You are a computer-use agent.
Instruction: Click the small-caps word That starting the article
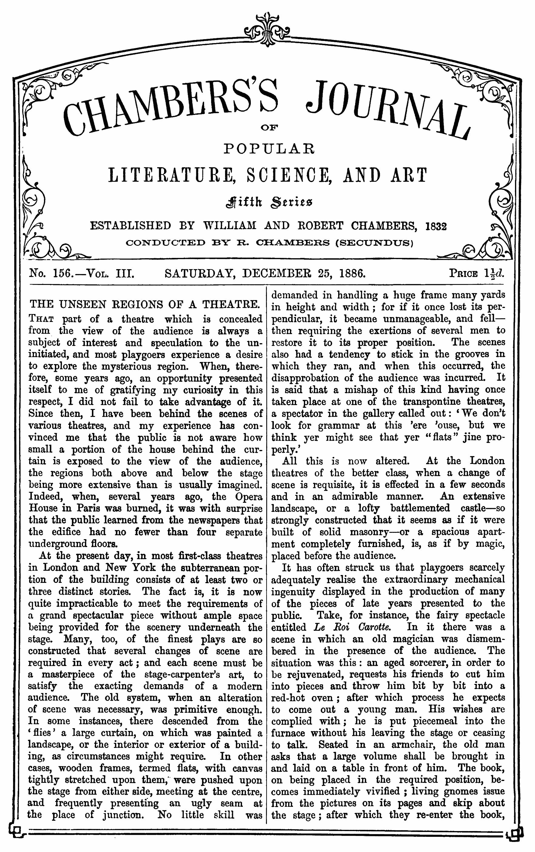41,319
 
